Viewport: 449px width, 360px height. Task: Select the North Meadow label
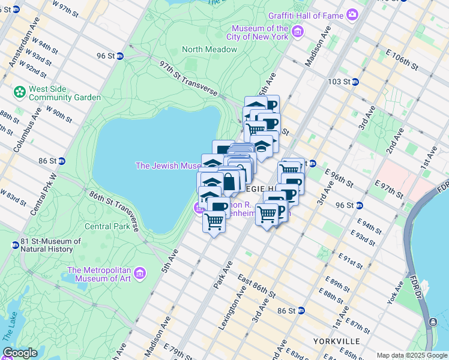tap(209, 49)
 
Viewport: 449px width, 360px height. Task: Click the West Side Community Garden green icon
tap(19, 93)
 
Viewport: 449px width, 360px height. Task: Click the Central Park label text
tap(107, 226)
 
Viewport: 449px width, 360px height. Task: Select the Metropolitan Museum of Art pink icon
tap(140, 274)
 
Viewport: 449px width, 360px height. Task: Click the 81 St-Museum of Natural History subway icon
tap(14, 245)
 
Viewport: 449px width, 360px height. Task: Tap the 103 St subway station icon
tap(355, 82)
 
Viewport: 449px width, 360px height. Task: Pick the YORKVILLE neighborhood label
tap(336, 341)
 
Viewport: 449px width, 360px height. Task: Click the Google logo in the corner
tap(20, 353)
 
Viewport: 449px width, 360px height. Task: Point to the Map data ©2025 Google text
tap(411, 355)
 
